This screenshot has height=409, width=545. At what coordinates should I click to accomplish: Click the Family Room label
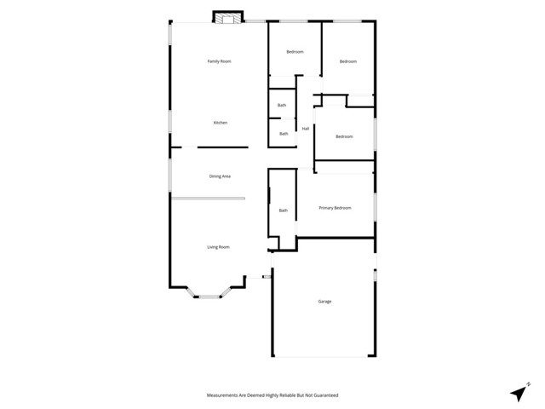point(220,61)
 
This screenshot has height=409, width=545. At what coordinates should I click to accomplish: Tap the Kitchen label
point(220,124)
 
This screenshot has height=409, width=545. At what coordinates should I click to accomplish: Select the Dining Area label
point(220,176)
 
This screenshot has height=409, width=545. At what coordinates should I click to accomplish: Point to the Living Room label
point(219,247)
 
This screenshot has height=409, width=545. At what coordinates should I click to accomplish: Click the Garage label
point(324,302)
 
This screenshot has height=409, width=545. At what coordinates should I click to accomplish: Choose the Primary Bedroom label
point(335,208)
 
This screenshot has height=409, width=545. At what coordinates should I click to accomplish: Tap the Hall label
point(305,129)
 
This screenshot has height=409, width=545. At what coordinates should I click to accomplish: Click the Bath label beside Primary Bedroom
point(284,210)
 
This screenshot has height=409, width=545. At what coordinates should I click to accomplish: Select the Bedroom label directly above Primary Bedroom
point(344,137)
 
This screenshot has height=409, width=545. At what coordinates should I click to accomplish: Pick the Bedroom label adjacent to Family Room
point(295,53)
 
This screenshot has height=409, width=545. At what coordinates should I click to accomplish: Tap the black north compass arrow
point(519,393)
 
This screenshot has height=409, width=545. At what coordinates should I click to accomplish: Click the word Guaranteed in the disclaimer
point(324,395)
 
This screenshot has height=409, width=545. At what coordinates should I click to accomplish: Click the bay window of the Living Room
point(209,294)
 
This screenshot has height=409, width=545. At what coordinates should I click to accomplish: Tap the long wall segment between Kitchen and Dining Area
point(222,147)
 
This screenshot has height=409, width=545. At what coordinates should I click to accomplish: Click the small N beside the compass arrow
point(529,384)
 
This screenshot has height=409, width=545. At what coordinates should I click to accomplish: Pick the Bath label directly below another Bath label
point(284,134)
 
